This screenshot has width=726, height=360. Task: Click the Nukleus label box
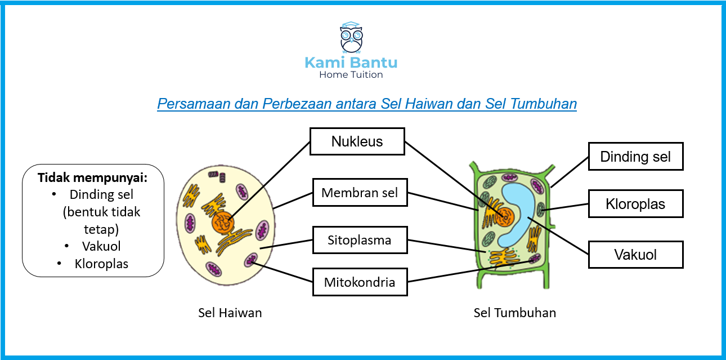(x=357, y=141)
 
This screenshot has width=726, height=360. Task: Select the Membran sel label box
(x=360, y=192)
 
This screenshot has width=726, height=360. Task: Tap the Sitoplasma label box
(x=360, y=240)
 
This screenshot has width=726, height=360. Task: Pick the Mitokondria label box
(x=360, y=282)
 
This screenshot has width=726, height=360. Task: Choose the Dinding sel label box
(x=635, y=156)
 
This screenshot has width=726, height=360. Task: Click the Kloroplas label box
(x=635, y=204)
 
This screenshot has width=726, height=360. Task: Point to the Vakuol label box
(x=635, y=255)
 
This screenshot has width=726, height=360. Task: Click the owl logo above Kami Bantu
(x=351, y=37)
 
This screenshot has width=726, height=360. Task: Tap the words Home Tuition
(x=351, y=74)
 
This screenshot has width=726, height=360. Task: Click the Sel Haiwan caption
(x=230, y=313)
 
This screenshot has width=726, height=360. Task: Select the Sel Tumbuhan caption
(x=515, y=313)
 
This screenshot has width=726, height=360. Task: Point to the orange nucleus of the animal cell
(x=223, y=223)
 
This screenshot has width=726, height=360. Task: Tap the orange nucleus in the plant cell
(x=505, y=217)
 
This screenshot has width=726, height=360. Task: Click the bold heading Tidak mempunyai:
(x=92, y=177)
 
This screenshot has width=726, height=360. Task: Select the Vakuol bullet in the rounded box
(x=101, y=246)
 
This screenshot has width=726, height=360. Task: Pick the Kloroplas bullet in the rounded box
(x=101, y=264)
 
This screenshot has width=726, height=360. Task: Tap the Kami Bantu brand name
(x=351, y=63)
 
